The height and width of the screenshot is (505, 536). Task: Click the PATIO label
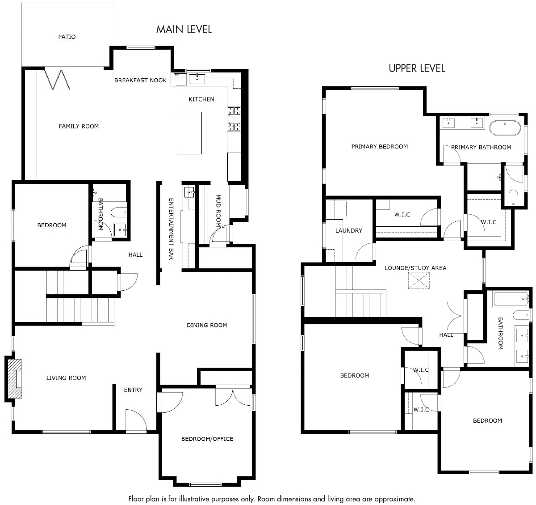click(67, 37)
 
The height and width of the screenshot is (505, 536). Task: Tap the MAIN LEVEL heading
click(184, 29)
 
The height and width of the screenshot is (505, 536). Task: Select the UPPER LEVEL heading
click(417, 68)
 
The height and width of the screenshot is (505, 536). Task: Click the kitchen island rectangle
click(190, 133)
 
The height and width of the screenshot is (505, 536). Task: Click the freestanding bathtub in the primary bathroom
click(505, 127)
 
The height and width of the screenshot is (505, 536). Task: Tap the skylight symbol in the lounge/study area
click(419, 280)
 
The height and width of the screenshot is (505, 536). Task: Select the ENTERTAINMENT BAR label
click(171, 229)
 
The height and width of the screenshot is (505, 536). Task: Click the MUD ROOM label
click(218, 211)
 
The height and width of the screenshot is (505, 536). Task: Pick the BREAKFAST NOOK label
click(140, 81)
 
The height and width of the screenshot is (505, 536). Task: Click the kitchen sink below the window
click(197, 79)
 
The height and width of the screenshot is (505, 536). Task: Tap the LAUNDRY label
click(349, 231)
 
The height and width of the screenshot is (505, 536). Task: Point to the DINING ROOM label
click(207, 325)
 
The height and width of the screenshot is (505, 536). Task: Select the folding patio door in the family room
click(57, 80)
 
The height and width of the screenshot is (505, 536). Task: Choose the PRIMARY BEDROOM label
click(380, 147)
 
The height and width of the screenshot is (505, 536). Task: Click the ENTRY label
click(133, 390)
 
